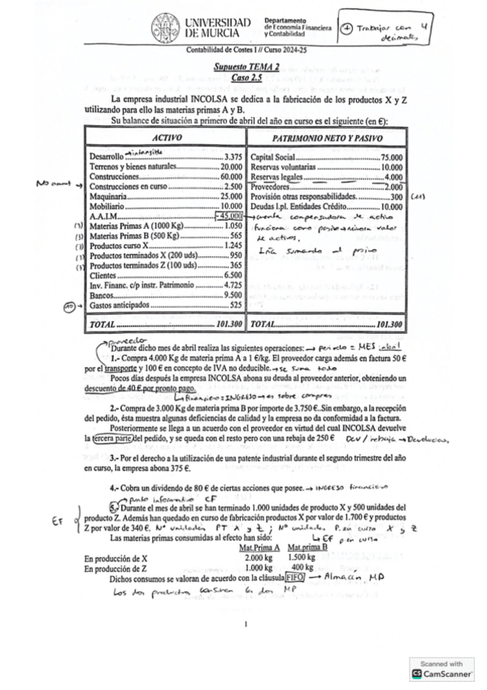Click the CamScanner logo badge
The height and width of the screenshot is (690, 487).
pyautogui.click(x=441, y=669)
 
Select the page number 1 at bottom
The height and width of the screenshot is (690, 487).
pyautogui.click(x=244, y=624)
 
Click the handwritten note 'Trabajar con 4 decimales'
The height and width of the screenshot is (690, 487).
pyautogui.click(x=394, y=30)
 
